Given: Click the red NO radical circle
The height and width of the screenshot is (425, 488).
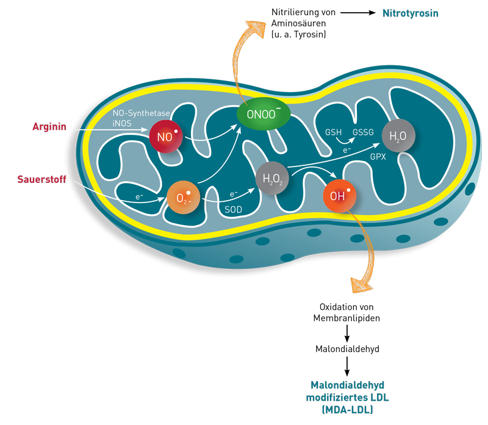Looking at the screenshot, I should (166, 137).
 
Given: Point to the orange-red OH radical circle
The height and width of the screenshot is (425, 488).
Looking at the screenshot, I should (340, 196).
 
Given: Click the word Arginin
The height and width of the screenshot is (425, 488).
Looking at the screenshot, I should (49, 127).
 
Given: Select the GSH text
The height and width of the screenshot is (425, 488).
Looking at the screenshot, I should (333, 132).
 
